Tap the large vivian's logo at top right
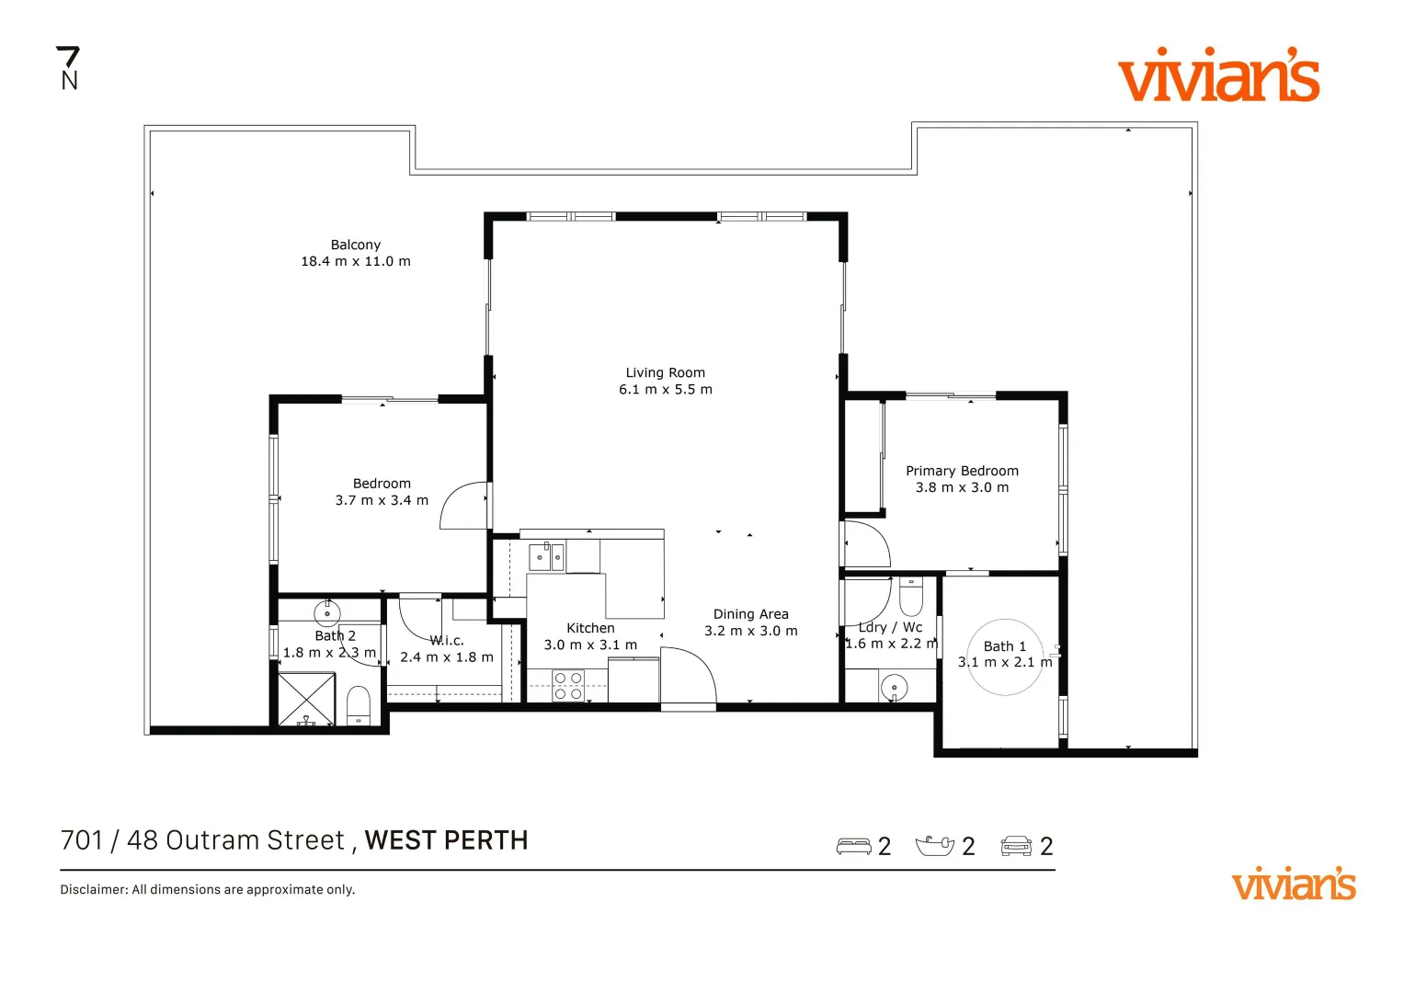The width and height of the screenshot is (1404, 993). (x=1218, y=75)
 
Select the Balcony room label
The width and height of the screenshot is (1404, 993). (x=355, y=245)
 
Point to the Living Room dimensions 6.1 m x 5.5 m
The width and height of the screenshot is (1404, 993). (x=665, y=390)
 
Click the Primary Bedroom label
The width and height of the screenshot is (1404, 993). (x=962, y=471)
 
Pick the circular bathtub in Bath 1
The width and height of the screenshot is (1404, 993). (x=1005, y=656)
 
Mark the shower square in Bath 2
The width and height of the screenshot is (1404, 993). (x=306, y=700)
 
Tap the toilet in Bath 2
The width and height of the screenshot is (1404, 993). (x=359, y=706)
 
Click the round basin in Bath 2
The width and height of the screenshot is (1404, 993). (x=327, y=612)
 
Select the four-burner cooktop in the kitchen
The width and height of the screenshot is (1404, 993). (x=568, y=686)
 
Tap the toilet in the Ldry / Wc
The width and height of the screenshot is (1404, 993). (x=910, y=599)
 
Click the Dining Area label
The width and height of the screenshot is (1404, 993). (x=750, y=614)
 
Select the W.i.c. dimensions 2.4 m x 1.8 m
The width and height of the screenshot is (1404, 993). (x=447, y=657)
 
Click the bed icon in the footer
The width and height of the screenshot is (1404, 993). (x=853, y=846)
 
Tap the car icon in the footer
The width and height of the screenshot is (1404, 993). (x=1016, y=846)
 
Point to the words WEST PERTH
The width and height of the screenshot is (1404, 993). (x=446, y=840)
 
